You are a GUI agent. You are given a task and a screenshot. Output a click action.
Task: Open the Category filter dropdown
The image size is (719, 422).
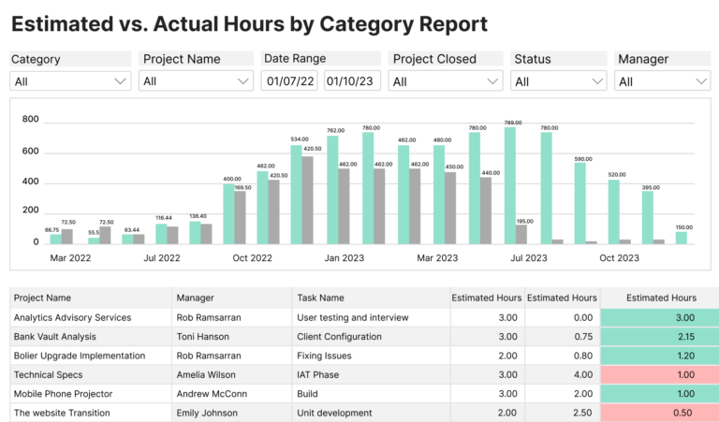[70, 81]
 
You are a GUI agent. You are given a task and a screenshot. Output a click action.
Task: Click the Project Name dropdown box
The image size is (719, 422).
[196, 81]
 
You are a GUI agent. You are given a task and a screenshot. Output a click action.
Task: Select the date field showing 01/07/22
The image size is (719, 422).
[291, 81]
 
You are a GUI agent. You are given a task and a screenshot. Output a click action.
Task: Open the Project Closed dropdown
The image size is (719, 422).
[446, 81]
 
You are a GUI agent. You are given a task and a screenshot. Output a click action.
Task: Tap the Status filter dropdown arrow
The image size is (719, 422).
[598, 81]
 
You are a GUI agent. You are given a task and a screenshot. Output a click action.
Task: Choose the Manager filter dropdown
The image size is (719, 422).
[663, 81]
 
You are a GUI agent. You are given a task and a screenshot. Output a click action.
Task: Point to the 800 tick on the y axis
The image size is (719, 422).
[30, 120]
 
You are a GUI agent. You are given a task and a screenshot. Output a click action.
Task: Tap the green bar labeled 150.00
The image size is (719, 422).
[682, 238]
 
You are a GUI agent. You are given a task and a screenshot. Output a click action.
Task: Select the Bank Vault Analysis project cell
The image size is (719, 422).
[55, 336]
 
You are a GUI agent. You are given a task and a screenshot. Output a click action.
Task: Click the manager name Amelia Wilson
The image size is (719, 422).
[209, 374]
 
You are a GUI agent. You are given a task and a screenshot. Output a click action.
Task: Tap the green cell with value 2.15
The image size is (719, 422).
[659, 336]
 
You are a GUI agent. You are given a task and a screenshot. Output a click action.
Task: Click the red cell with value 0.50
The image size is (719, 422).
[659, 413]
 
